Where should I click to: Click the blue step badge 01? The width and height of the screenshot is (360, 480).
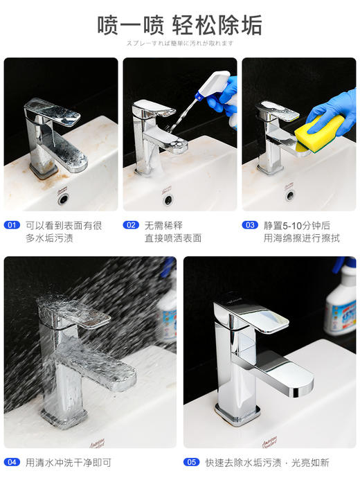(12, 225)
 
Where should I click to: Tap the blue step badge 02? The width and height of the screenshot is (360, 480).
(131, 225)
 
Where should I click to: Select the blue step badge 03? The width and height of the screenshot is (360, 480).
(250, 225)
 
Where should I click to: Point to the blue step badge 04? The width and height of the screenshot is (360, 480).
(12, 462)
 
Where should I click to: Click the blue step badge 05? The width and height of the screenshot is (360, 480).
(191, 462)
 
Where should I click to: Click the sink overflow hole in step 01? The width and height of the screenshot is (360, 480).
(64, 198)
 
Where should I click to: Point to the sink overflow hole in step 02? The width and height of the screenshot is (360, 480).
(168, 200)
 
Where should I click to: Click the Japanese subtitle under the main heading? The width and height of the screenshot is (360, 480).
(179, 43)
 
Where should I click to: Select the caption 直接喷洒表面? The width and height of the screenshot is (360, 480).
(172, 238)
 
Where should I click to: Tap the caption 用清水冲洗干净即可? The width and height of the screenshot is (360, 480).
(68, 462)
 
